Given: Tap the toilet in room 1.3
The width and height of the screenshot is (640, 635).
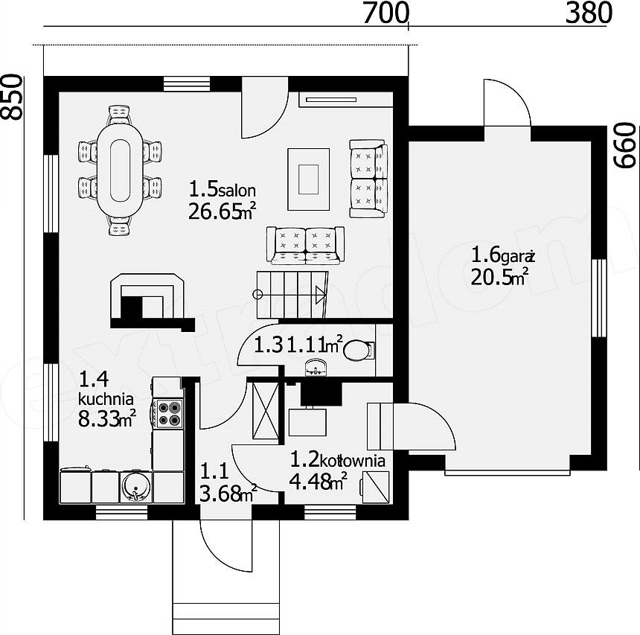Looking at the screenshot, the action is point(359,351).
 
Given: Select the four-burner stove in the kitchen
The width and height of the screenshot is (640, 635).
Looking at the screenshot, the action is point(168,414).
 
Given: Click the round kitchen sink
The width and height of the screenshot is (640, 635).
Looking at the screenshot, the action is point(136,487).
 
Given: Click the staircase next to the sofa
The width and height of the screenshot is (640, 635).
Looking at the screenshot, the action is point(292,295).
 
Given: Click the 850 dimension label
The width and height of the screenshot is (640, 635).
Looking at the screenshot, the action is point(11,98).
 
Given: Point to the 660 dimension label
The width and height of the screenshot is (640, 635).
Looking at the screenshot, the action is point(626,146).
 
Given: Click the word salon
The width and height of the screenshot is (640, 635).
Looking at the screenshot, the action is point(237,191).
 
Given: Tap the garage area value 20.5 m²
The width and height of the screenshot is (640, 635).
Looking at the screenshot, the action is point(499,278).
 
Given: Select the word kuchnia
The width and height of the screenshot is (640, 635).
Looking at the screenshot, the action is point(106,398).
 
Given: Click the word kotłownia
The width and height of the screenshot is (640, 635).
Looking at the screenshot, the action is point(353,461).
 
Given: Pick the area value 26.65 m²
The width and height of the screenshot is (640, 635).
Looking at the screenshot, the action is point(222,211).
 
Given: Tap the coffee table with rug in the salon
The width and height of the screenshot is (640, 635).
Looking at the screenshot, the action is point(309,179).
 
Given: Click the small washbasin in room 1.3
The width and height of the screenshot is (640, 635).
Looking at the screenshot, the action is point(316,367).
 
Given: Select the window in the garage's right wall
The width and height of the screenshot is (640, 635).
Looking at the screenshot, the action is point(600,298).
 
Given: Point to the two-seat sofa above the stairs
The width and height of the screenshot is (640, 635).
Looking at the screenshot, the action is point(305,245).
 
